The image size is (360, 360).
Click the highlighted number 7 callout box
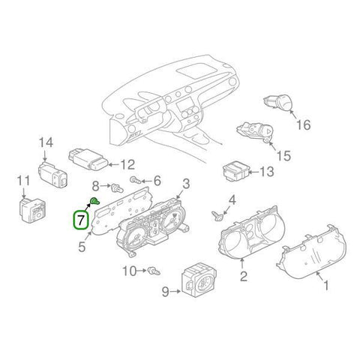tap(80, 220)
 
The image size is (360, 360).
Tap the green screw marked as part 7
tap(94, 201)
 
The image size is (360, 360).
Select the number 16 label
tap(303, 124)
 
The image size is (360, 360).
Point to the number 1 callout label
tap(326, 285)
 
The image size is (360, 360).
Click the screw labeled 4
tap(216, 216)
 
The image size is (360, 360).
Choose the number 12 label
tap(127, 165)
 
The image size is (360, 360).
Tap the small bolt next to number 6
tap(136, 180)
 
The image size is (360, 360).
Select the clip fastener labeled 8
tap(117, 187)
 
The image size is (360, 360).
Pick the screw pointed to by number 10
tap(154, 271)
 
